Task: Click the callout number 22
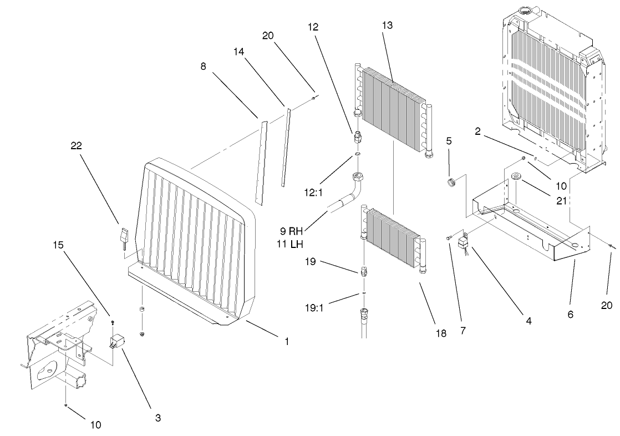click(x=77, y=146)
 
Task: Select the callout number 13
click(x=387, y=26)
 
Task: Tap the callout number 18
click(x=441, y=333)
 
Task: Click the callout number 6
click(x=571, y=315)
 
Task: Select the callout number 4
click(x=528, y=321)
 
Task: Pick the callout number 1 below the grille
click(x=287, y=342)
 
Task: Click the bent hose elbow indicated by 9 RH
click(x=355, y=189)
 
